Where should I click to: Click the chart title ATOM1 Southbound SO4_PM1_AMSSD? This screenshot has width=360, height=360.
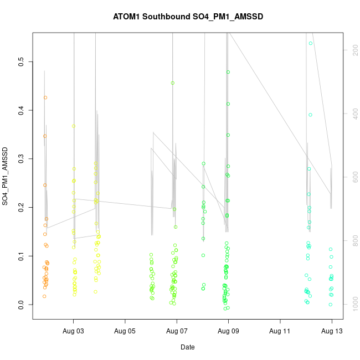tap(188, 17)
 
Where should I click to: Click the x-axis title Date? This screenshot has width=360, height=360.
tap(187, 347)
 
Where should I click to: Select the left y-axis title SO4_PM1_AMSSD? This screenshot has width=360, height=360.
tap(6, 176)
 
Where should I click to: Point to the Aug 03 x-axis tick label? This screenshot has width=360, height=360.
tap(73, 331)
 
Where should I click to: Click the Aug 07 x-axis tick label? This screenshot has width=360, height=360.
tap(177, 331)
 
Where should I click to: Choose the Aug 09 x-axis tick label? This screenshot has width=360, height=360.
tap(228, 331)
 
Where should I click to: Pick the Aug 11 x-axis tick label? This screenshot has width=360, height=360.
tap(280, 331)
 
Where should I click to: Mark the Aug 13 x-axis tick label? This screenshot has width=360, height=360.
tap(332, 331)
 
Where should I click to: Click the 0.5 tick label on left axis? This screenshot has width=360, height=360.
tap(22, 61)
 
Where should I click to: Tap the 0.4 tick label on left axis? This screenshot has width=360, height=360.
tap(22, 110)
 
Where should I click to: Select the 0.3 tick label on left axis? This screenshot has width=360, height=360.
tap(22, 159)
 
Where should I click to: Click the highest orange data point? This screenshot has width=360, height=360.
tap(45, 97)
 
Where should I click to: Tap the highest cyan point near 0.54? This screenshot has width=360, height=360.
tap(311, 43)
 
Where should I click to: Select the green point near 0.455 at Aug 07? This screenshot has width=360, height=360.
tap(173, 83)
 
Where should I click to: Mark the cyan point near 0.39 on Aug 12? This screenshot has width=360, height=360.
tap(311, 115)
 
